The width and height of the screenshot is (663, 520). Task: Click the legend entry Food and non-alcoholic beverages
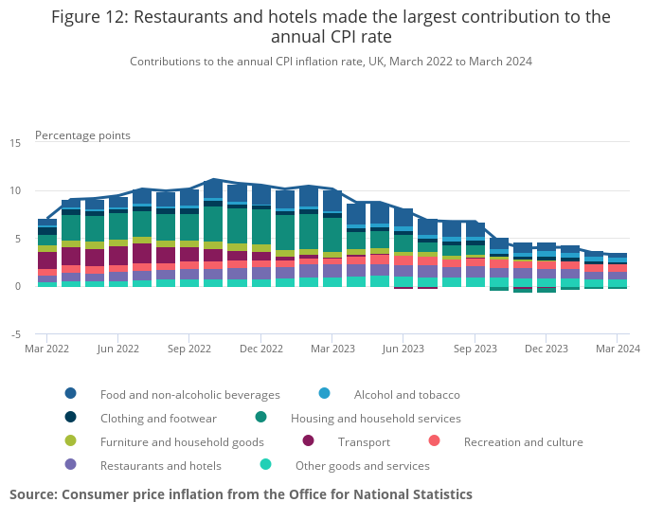(189, 394)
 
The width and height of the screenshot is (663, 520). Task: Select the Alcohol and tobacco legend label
(406, 394)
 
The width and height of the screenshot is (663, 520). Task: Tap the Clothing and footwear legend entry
(158, 418)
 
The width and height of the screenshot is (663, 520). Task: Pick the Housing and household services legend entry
(375, 418)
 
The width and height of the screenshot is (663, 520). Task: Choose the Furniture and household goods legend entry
(182, 441)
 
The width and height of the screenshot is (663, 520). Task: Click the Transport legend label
(365, 441)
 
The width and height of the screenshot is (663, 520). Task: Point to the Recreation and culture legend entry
(523, 441)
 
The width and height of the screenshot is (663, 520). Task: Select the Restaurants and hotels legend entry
(160, 465)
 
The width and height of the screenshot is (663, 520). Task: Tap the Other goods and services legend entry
(362, 465)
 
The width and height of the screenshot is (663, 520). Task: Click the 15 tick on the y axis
(15, 143)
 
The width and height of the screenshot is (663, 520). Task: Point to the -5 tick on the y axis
(16, 334)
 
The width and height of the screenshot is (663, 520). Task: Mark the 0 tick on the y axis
(18, 286)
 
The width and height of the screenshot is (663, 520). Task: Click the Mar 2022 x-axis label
(47, 349)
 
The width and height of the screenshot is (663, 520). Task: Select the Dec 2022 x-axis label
(260, 349)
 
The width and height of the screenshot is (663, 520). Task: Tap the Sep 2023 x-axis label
(474, 349)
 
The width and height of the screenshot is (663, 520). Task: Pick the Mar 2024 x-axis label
(617, 349)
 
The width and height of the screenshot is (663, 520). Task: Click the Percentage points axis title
(82, 135)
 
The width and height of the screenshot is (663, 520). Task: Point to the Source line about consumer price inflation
(241, 494)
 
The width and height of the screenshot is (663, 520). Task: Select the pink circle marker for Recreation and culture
(435, 441)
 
